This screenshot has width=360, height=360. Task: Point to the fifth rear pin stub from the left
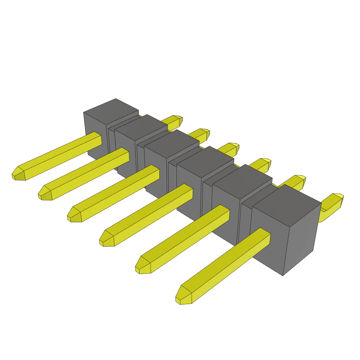point(298,181)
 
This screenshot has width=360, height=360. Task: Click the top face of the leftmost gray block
point(111,110)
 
